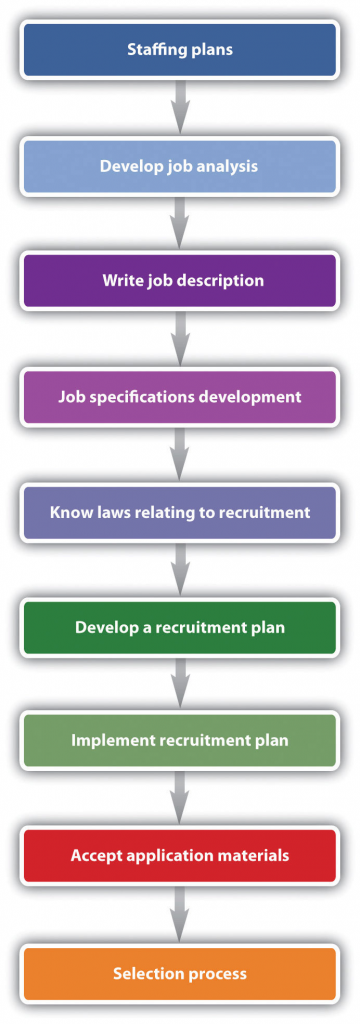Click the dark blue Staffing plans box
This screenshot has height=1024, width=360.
(x=180, y=49)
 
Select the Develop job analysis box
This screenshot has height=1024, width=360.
(x=180, y=165)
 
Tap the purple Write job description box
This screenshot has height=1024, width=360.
(x=180, y=281)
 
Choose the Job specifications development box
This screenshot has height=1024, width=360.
(x=180, y=396)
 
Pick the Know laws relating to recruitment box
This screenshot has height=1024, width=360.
(x=180, y=512)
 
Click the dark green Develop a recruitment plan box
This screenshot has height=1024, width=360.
(x=180, y=627)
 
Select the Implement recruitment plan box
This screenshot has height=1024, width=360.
(x=180, y=741)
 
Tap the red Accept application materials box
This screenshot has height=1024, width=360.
(x=180, y=856)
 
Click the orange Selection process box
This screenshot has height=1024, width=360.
(x=180, y=973)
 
